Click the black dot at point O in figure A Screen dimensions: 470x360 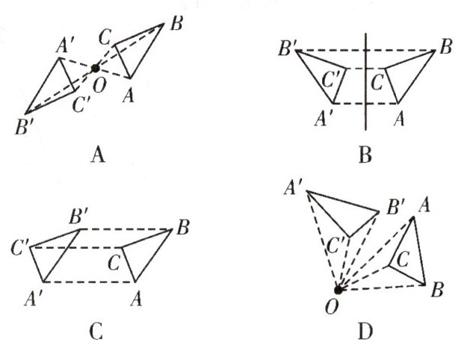[95, 69]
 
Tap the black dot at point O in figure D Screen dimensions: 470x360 [338, 290]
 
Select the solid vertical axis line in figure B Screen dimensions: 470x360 [365, 82]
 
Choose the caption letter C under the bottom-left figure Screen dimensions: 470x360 [96, 331]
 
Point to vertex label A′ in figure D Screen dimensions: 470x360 [293, 187]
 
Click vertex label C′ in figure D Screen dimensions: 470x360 [338, 244]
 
